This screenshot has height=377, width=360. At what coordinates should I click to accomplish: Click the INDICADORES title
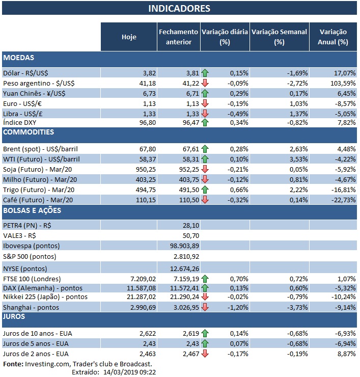click(x=179, y=9)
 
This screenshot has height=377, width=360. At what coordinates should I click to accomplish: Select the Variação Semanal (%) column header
click(x=279, y=36)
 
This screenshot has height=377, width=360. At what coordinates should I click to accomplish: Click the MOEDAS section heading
click(x=19, y=58)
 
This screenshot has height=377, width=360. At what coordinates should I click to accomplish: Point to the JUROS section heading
click(x=16, y=316)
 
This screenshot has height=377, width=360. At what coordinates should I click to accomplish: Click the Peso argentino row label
click(x=34, y=83)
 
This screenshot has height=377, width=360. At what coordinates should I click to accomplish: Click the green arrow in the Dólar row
click(x=205, y=73)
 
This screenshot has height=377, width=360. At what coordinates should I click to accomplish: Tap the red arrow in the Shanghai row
click(x=205, y=307)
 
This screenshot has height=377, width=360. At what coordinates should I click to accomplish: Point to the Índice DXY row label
click(x=20, y=122)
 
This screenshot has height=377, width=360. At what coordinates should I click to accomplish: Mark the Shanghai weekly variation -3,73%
click(x=295, y=307)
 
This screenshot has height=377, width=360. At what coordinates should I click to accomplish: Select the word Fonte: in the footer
click(x=13, y=364)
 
